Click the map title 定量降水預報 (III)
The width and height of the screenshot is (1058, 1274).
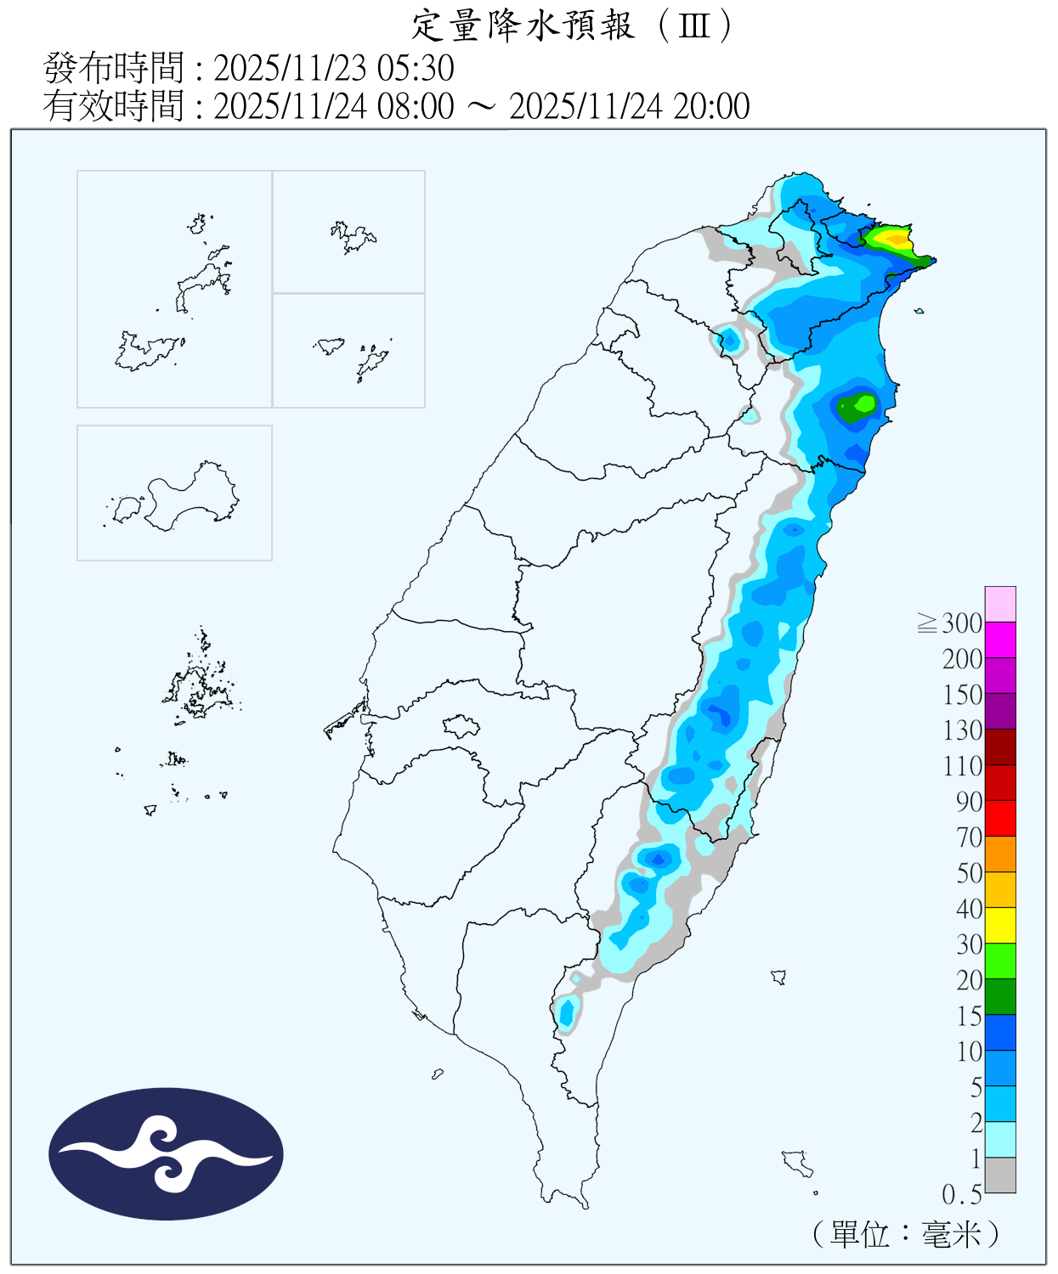coord(571,25)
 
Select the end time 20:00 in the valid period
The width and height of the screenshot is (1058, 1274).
coord(711,106)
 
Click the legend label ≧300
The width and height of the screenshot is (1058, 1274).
coord(950,623)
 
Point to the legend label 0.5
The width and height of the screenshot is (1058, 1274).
coord(962,1195)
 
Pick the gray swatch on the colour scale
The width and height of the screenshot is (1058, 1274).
coord(1000,1175)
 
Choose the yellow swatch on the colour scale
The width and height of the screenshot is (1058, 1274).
coord(1000,925)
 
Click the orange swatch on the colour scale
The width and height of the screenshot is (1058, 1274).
coord(1000,854)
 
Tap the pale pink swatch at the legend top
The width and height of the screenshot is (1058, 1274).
coord(1000,604)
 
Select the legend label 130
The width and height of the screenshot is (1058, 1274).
coord(962,730)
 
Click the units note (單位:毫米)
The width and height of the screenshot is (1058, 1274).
coord(906,1233)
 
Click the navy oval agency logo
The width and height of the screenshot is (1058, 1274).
coord(166,1153)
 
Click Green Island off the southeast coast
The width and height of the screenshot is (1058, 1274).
coord(778,977)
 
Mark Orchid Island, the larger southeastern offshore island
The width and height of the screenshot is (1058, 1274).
coord(797,1162)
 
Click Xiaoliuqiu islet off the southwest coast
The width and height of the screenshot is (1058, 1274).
coord(438,1074)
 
